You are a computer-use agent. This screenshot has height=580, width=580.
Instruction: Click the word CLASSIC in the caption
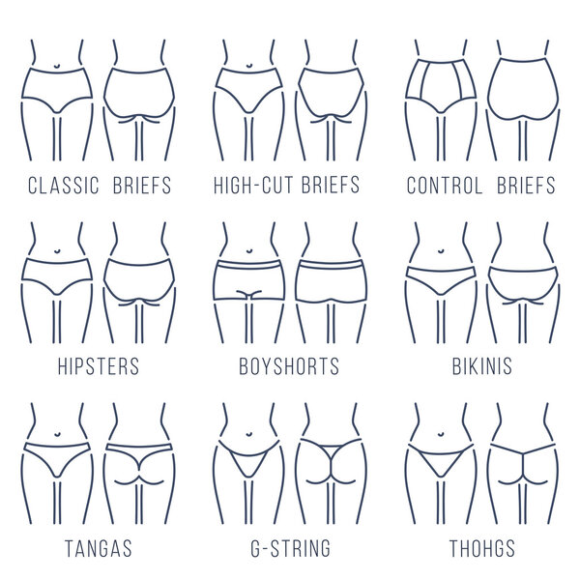63,186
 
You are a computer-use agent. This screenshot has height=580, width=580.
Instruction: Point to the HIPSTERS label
98,367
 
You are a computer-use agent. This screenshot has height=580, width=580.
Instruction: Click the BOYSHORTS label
289,367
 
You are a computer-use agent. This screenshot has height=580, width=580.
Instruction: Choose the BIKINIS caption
480,367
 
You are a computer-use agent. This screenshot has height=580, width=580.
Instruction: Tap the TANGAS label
98,549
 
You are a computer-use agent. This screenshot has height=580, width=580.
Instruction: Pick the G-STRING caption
289,549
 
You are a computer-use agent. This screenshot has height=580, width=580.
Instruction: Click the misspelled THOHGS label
480,549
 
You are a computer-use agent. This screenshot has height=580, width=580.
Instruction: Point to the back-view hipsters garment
139,275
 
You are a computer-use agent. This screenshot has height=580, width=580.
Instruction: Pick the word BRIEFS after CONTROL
526,186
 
